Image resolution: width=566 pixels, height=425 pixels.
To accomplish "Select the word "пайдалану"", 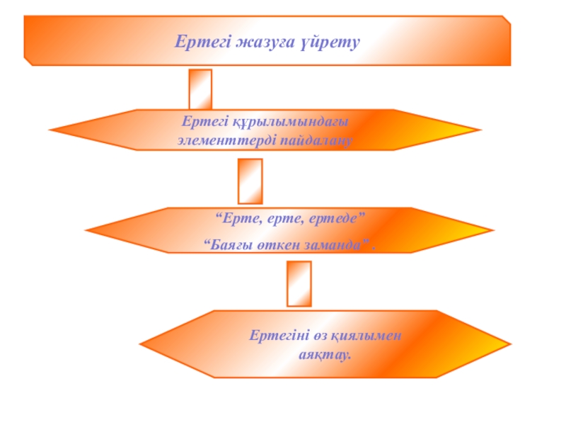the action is (x=316, y=140).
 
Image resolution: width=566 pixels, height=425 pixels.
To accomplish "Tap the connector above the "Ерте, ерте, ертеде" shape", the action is (x=250, y=181).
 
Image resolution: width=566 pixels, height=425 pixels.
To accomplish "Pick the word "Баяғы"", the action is (x=226, y=244).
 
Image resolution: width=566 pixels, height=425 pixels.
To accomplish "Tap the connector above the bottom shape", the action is (x=299, y=283).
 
